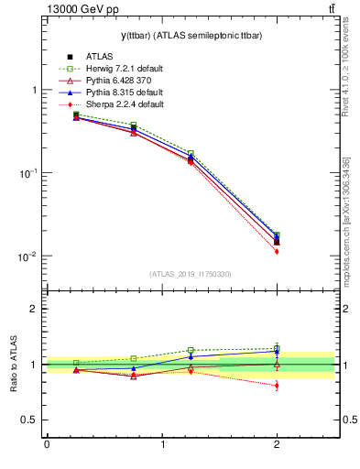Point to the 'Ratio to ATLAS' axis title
point(14,365)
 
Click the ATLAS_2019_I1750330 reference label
point(190,274)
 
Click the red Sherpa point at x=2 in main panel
point(277,251)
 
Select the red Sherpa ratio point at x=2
point(277,386)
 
